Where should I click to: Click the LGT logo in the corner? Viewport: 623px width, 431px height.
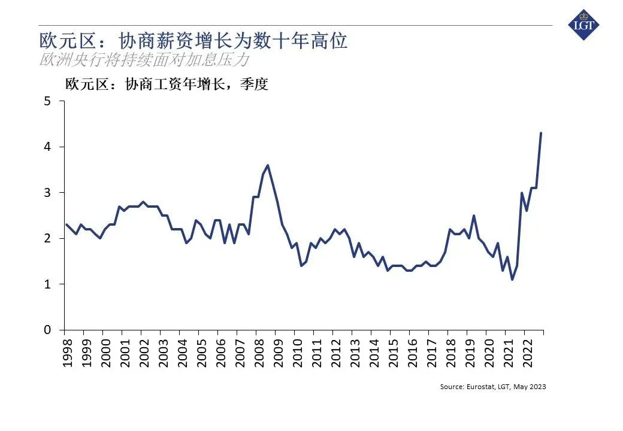(583, 25)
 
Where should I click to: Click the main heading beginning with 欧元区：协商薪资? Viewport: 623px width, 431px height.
(193, 41)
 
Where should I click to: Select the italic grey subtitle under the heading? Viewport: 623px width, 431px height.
(144, 60)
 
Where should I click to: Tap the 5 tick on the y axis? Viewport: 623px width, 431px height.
(47, 101)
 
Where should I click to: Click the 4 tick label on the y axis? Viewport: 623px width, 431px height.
(47, 147)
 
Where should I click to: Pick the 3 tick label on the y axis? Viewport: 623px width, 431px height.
(47, 193)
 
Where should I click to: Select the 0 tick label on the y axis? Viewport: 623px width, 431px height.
(47, 330)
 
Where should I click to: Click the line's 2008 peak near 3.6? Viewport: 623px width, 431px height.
(267, 165)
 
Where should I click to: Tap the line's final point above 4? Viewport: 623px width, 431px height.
(541, 133)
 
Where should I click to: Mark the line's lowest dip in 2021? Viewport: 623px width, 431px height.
(512, 280)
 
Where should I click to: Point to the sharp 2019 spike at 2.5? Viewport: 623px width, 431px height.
(474, 215)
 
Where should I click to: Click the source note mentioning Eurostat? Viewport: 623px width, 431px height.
(492, 387)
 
